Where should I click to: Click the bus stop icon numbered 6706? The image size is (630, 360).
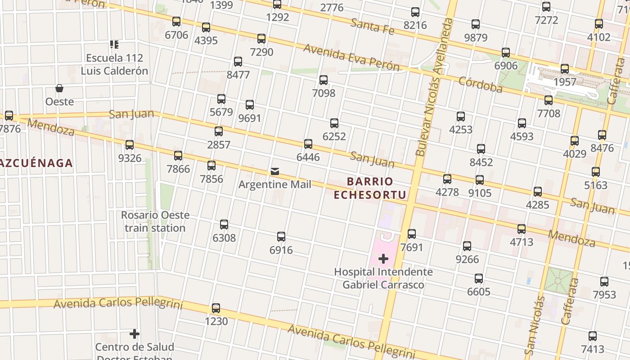coord(176,22)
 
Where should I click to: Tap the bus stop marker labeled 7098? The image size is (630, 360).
coord(324,80)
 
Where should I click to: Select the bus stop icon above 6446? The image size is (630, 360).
coord(308,144)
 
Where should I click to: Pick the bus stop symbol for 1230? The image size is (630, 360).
coord(216,308)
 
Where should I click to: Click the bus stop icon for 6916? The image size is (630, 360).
coord(281,237)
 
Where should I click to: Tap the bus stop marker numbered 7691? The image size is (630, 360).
coord(412,234)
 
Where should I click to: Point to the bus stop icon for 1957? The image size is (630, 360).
coord(565,69)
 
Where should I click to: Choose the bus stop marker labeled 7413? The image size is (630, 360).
coord(593,336)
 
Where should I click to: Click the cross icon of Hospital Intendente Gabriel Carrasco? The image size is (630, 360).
coord(383,259)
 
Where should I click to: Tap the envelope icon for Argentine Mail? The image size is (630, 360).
coord(274,171)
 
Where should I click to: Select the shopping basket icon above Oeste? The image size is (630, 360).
coord(59,88)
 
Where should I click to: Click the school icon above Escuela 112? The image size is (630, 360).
coord(114,45)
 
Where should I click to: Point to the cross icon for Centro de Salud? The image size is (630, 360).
coord(135,334)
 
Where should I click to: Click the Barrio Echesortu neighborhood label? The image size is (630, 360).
coord(370,188)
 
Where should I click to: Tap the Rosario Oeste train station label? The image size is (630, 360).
coord(155,221)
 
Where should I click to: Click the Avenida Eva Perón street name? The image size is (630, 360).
coord(351,57)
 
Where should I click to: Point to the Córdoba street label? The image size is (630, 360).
coord(480,85)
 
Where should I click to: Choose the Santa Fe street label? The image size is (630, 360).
coord(372,27)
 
